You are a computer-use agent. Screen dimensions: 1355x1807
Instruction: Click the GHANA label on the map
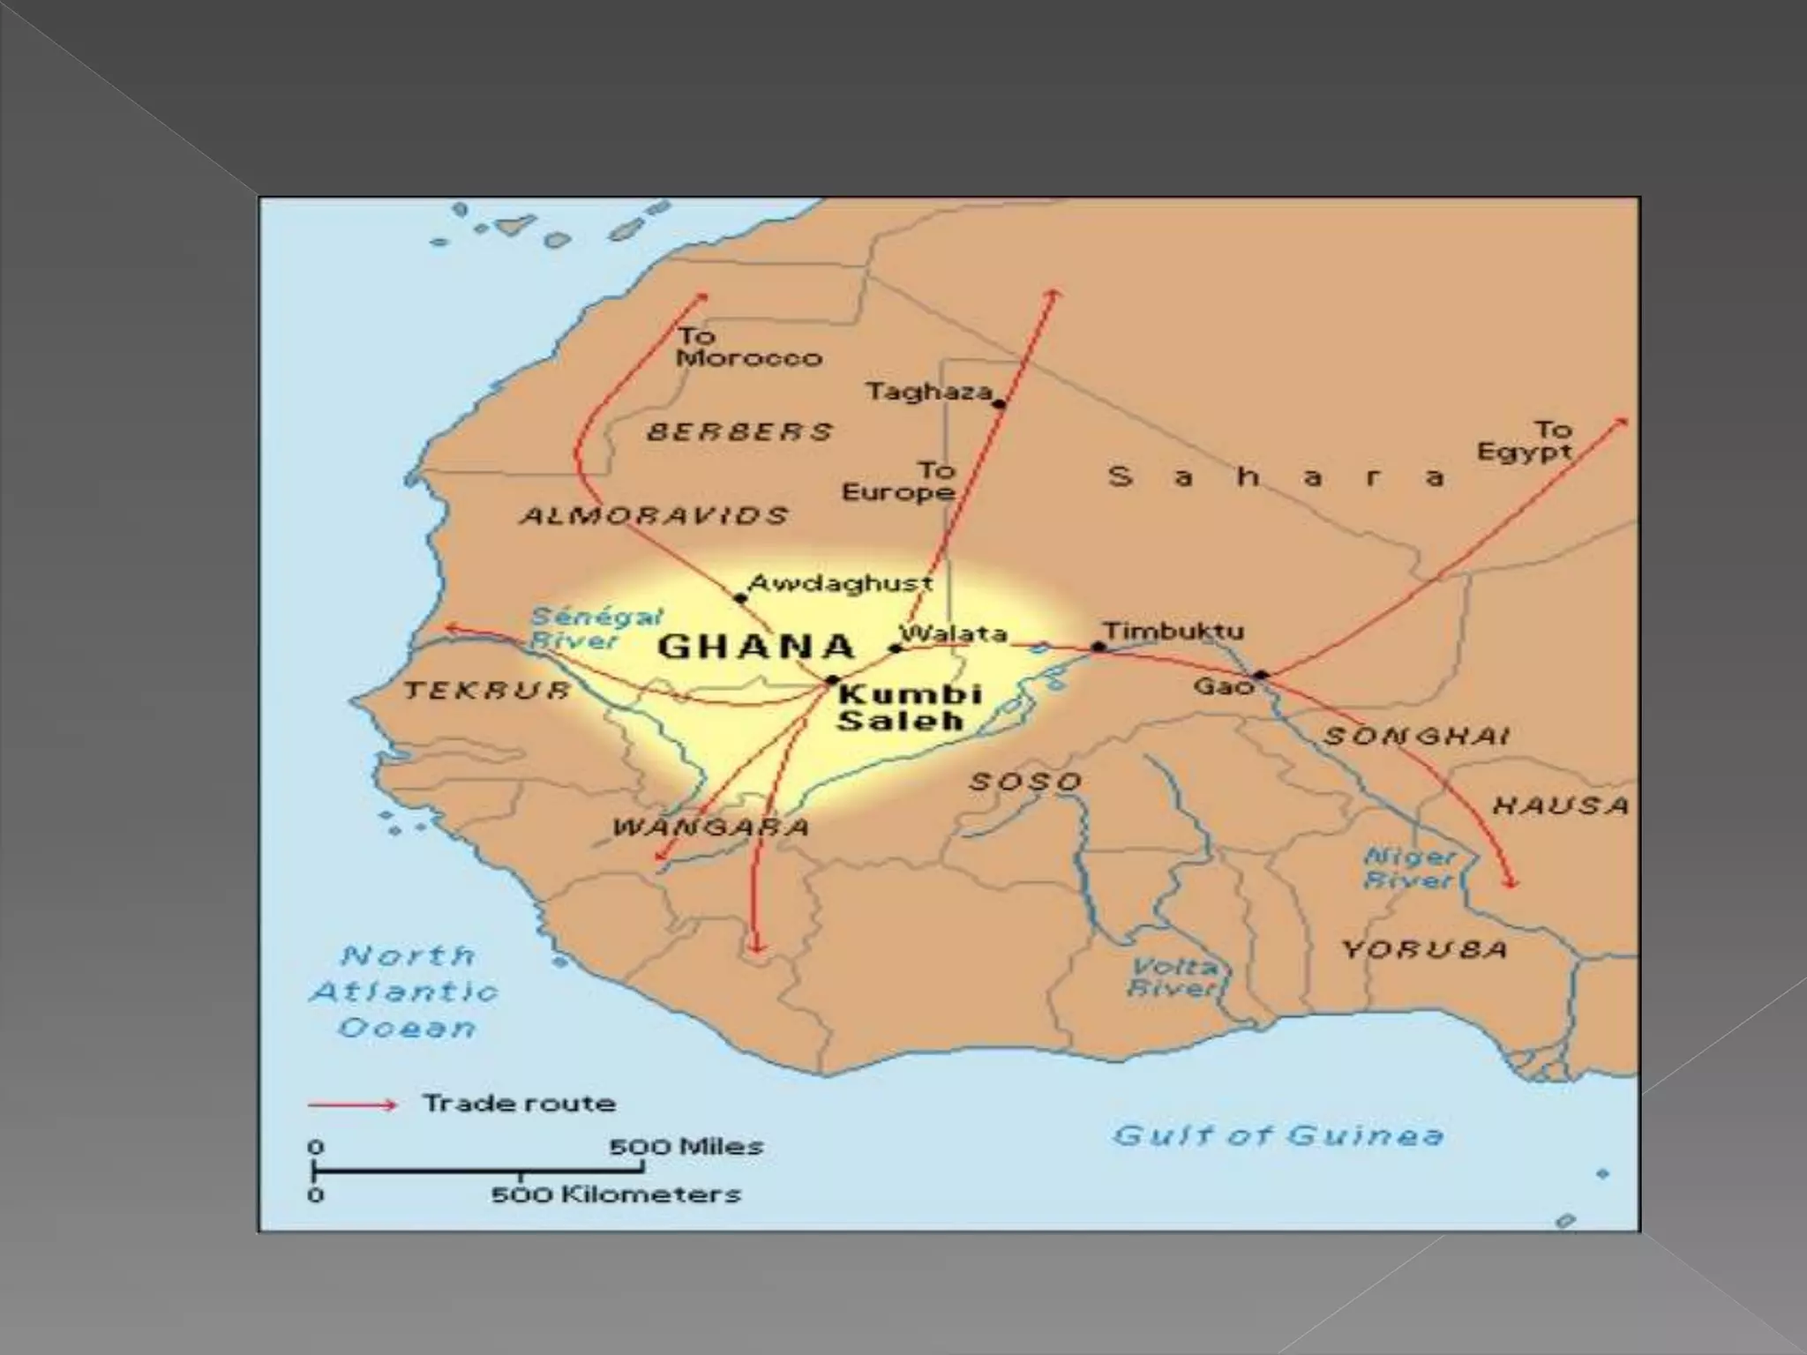tap(756, 647)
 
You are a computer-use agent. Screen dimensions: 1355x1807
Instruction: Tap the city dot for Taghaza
tap(999, 404)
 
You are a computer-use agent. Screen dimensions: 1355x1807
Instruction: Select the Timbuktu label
tap(1173, 631)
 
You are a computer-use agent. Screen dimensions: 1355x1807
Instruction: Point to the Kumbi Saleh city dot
tap(831, 680)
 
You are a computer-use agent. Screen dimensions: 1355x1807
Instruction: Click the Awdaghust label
tap(840, 583)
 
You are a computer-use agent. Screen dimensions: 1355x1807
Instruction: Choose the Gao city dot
tap(1262, 675)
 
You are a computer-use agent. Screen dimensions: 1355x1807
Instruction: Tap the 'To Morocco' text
tap(748, 348)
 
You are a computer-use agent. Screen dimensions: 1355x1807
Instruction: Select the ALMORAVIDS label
tap(654, 515)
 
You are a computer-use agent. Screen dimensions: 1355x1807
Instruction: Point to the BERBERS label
tap(739, 431)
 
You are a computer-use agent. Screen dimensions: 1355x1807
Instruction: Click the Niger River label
tap(1409, 868)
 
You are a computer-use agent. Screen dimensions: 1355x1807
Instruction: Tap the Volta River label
tap(1173, 977)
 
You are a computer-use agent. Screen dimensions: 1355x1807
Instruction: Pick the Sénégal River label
tap(595, 628)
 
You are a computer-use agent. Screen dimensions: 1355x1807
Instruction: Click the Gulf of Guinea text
tap(1278, 1134)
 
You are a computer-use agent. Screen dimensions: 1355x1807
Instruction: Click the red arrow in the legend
tap(352, 1104)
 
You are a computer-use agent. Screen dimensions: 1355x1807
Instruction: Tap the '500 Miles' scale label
tap(686, 1147)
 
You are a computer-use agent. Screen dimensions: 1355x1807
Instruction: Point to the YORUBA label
tap(1424, 949)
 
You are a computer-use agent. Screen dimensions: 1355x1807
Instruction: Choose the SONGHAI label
tap(1416, 736)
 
